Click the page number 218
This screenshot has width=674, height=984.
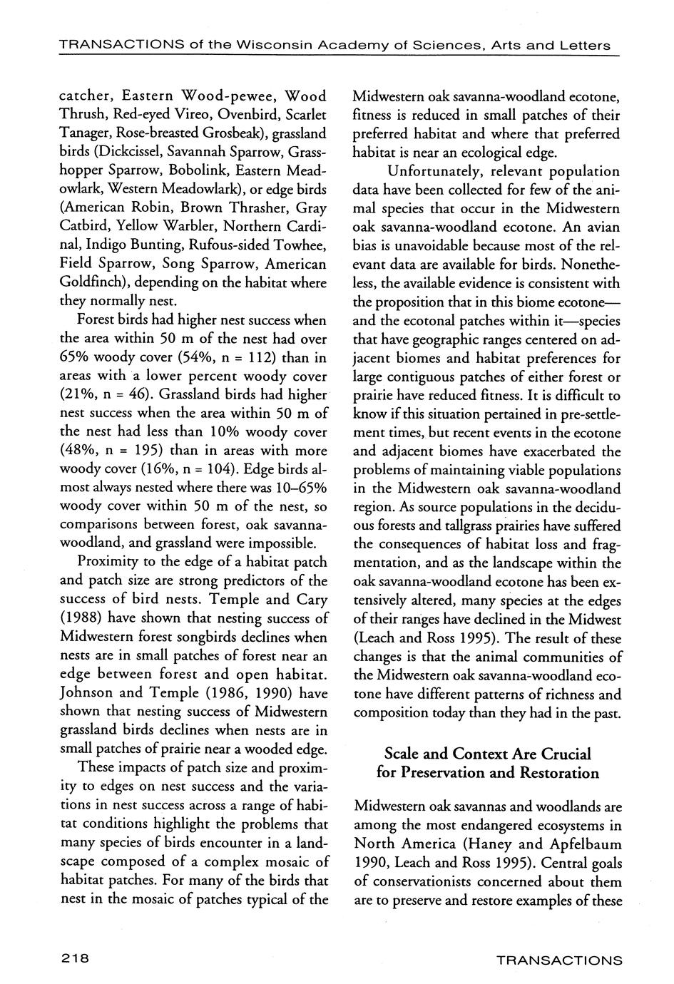point(74,959)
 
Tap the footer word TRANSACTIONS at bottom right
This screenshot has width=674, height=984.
point(559,960)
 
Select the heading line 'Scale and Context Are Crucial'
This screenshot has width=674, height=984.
point(488,754)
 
